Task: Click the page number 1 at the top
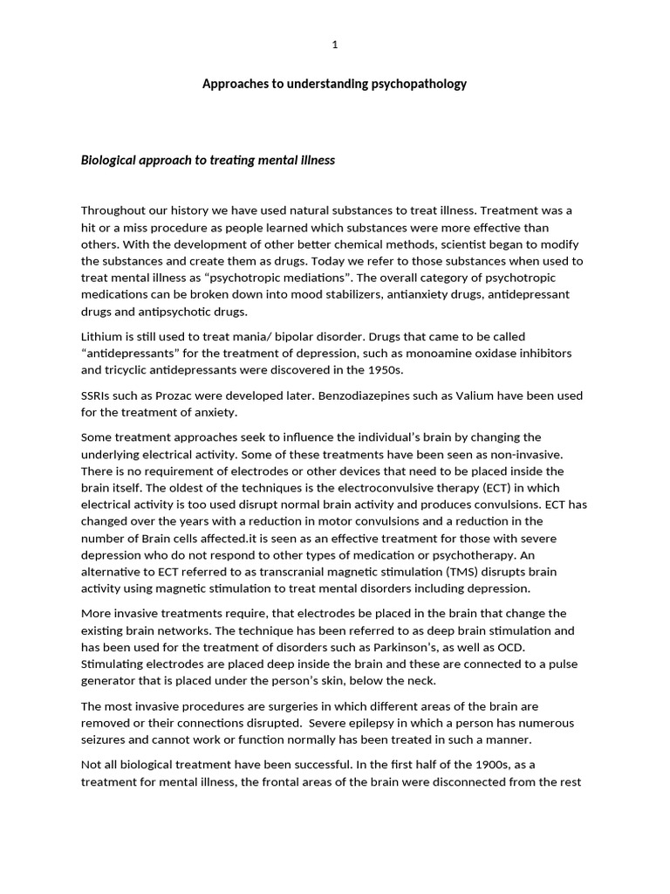pos(335,45)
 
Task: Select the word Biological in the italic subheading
pos(110,161)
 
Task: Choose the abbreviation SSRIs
pos(98,395)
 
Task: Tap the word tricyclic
pos(128,369)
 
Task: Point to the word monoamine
pos(422,353)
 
